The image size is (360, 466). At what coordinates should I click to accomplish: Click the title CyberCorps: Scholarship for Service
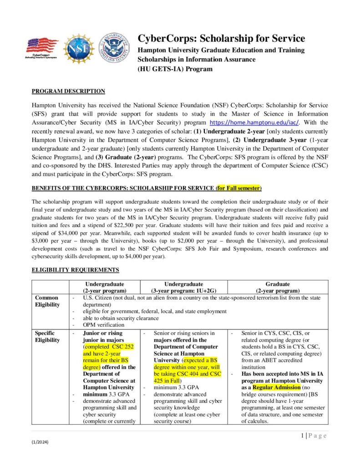[221, 39]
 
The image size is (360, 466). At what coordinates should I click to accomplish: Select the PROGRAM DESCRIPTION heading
[68, 91]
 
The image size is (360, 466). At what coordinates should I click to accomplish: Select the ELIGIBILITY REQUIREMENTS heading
[75, 270]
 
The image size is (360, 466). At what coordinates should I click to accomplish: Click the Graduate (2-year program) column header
[277, 287]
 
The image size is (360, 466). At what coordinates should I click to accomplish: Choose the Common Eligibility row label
[47, 301]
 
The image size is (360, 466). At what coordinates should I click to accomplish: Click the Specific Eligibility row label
[47, 336]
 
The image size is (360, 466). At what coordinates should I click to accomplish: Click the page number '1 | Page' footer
[314, 436]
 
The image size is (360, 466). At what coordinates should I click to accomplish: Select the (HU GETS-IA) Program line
[175, 69]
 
